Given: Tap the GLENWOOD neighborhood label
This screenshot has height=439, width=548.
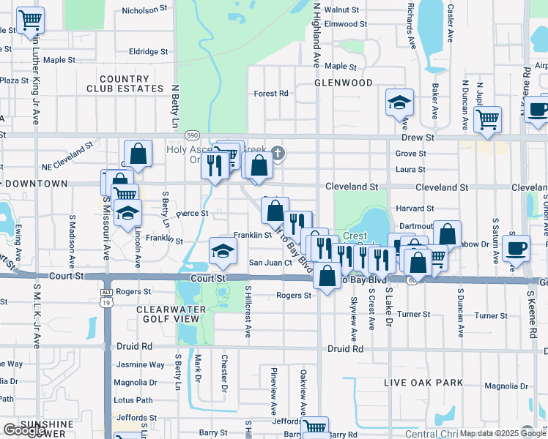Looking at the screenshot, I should [x=344, y=83].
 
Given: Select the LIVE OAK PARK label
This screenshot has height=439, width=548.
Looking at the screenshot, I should [x=424, y=383].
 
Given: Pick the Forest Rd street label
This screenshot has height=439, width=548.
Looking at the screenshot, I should [x=271, y=94].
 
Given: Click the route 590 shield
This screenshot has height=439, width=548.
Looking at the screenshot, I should [x=192, y=135].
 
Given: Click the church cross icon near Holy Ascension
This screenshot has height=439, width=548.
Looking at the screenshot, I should [x=277, y=153].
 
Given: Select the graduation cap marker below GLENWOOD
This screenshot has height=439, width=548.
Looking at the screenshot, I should [x=399, y=103].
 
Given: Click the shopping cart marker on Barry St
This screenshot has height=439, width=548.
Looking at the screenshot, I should [x=315, y=427].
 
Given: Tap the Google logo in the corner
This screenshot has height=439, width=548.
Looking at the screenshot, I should [x=24, y=430].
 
